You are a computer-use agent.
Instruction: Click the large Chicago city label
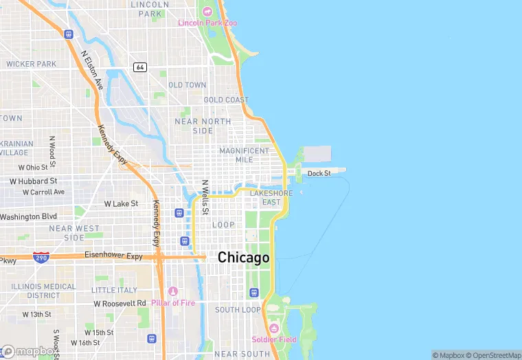[x=243, y=258]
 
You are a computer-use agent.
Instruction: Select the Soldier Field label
[x=273, y=339]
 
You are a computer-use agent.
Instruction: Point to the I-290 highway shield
[x=41, y=256]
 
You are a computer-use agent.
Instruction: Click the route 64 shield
[x=140, y=67]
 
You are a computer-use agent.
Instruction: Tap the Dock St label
[x=319, y=174]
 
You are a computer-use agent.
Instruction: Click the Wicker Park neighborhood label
[x=31, y=64]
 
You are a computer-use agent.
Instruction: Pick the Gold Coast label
[x=226, y=100]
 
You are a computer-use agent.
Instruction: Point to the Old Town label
[x=187, y=85]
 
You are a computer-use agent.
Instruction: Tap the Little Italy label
[x=114, y=290]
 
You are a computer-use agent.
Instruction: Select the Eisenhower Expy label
[x=113, y=256]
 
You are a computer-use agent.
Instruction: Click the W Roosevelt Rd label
[x=120, y=303]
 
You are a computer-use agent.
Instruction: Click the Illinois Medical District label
[x=43, y=291]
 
